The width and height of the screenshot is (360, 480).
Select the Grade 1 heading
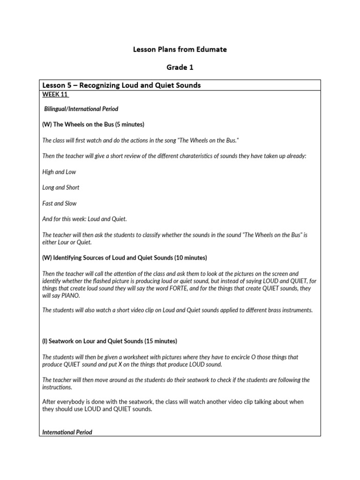point(180,67)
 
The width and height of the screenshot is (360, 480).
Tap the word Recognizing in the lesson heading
point(106,85)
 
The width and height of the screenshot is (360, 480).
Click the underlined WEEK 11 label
point(56,94)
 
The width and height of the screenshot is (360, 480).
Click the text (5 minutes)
point(128,124)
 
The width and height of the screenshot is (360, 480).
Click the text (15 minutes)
point(160,341)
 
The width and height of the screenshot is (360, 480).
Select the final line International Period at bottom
point(67,432)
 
